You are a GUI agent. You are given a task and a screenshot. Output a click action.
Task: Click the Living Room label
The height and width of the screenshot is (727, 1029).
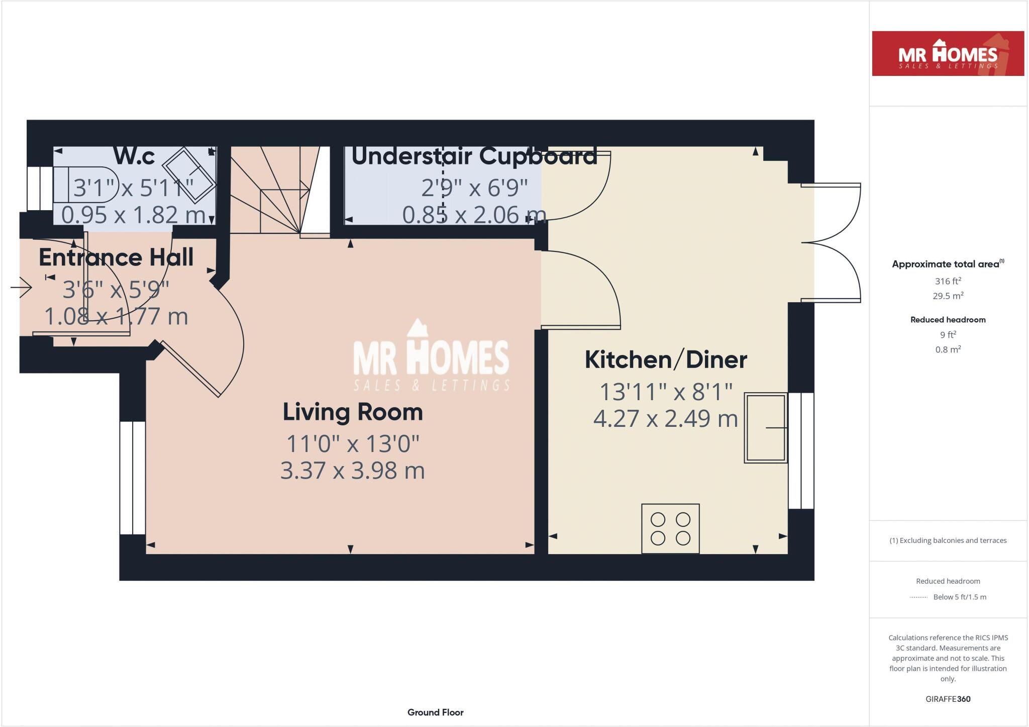(353, 412)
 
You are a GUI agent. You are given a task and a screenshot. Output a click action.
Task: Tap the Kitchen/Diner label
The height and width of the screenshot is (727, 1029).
(666, 359)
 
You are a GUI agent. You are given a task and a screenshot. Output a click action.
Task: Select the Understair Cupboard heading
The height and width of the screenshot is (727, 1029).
(474, 156)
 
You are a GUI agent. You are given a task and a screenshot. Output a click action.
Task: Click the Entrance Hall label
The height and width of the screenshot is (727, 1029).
(116, 257)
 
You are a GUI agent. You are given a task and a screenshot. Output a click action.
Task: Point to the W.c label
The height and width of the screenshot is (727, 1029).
(134, 156)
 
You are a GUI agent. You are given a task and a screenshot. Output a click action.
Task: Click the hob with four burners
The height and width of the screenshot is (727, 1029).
(670, 528)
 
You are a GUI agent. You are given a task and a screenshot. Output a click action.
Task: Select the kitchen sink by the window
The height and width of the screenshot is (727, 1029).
(765, 427)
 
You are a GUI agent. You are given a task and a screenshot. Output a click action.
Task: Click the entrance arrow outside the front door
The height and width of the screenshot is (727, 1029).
(21, 288)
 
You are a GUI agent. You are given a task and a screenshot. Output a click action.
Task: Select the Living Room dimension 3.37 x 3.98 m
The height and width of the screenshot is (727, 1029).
(353, 471)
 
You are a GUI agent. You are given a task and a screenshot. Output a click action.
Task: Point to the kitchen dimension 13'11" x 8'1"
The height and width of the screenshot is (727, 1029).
(666, 392)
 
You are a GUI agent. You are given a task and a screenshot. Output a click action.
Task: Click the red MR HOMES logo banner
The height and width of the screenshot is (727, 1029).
(948, 54)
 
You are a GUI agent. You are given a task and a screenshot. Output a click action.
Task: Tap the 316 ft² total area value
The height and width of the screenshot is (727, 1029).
(948, 281)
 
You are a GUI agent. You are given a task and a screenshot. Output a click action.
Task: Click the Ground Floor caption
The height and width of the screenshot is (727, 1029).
(435, 712)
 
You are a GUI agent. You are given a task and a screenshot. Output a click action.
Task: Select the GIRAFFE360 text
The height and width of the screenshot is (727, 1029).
(948, 699)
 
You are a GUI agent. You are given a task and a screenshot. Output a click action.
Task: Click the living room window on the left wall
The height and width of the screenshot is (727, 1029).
(133, 478)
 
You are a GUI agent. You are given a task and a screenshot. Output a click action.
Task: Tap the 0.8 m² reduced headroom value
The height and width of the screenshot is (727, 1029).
(948, 349)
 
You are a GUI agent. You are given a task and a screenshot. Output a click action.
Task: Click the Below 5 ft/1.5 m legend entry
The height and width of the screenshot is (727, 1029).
(959, 597)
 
